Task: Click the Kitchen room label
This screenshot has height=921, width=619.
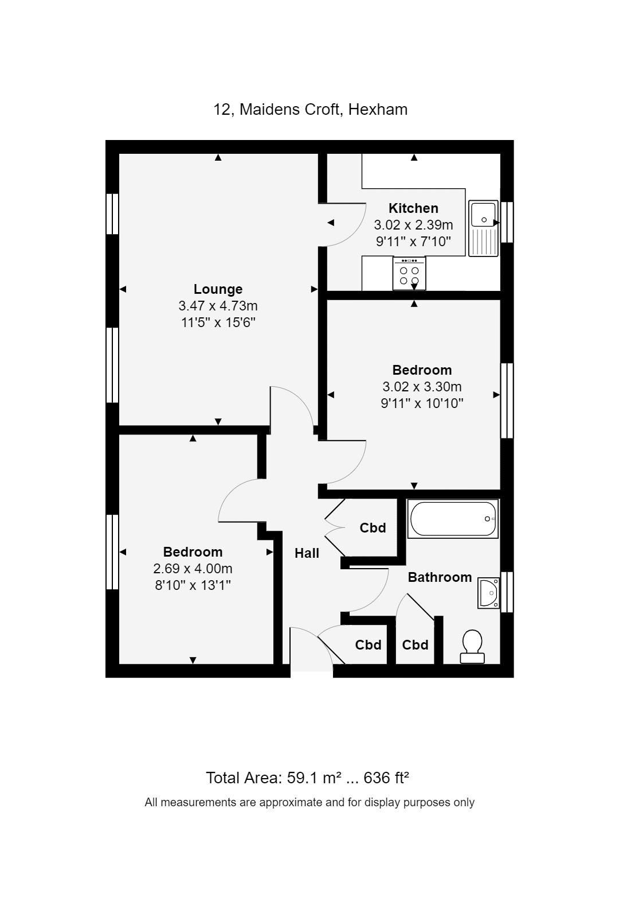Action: [413, 208]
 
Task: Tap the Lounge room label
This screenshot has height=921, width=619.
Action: [218, 289]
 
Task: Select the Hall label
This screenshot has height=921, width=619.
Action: [307, 553]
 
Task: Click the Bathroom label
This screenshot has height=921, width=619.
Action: [440, 577]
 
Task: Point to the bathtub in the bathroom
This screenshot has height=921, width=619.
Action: [453, 519]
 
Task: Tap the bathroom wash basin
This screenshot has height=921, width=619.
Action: [489, 593]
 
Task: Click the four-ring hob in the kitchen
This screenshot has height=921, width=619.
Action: [409, 274]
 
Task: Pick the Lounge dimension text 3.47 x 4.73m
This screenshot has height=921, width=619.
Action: [218, 306]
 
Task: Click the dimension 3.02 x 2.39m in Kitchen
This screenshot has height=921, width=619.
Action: [413, 225]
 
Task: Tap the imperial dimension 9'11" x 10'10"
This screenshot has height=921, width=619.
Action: [422, 403]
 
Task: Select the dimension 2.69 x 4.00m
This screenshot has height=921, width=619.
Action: [193, 569]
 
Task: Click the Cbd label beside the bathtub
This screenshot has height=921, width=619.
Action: [373, 528]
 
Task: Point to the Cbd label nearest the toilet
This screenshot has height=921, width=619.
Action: [415, 645]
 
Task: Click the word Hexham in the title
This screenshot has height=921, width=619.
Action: [378, 109]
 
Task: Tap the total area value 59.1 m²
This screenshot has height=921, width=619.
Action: [314, 778]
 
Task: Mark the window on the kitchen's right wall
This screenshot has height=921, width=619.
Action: [507, 222]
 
